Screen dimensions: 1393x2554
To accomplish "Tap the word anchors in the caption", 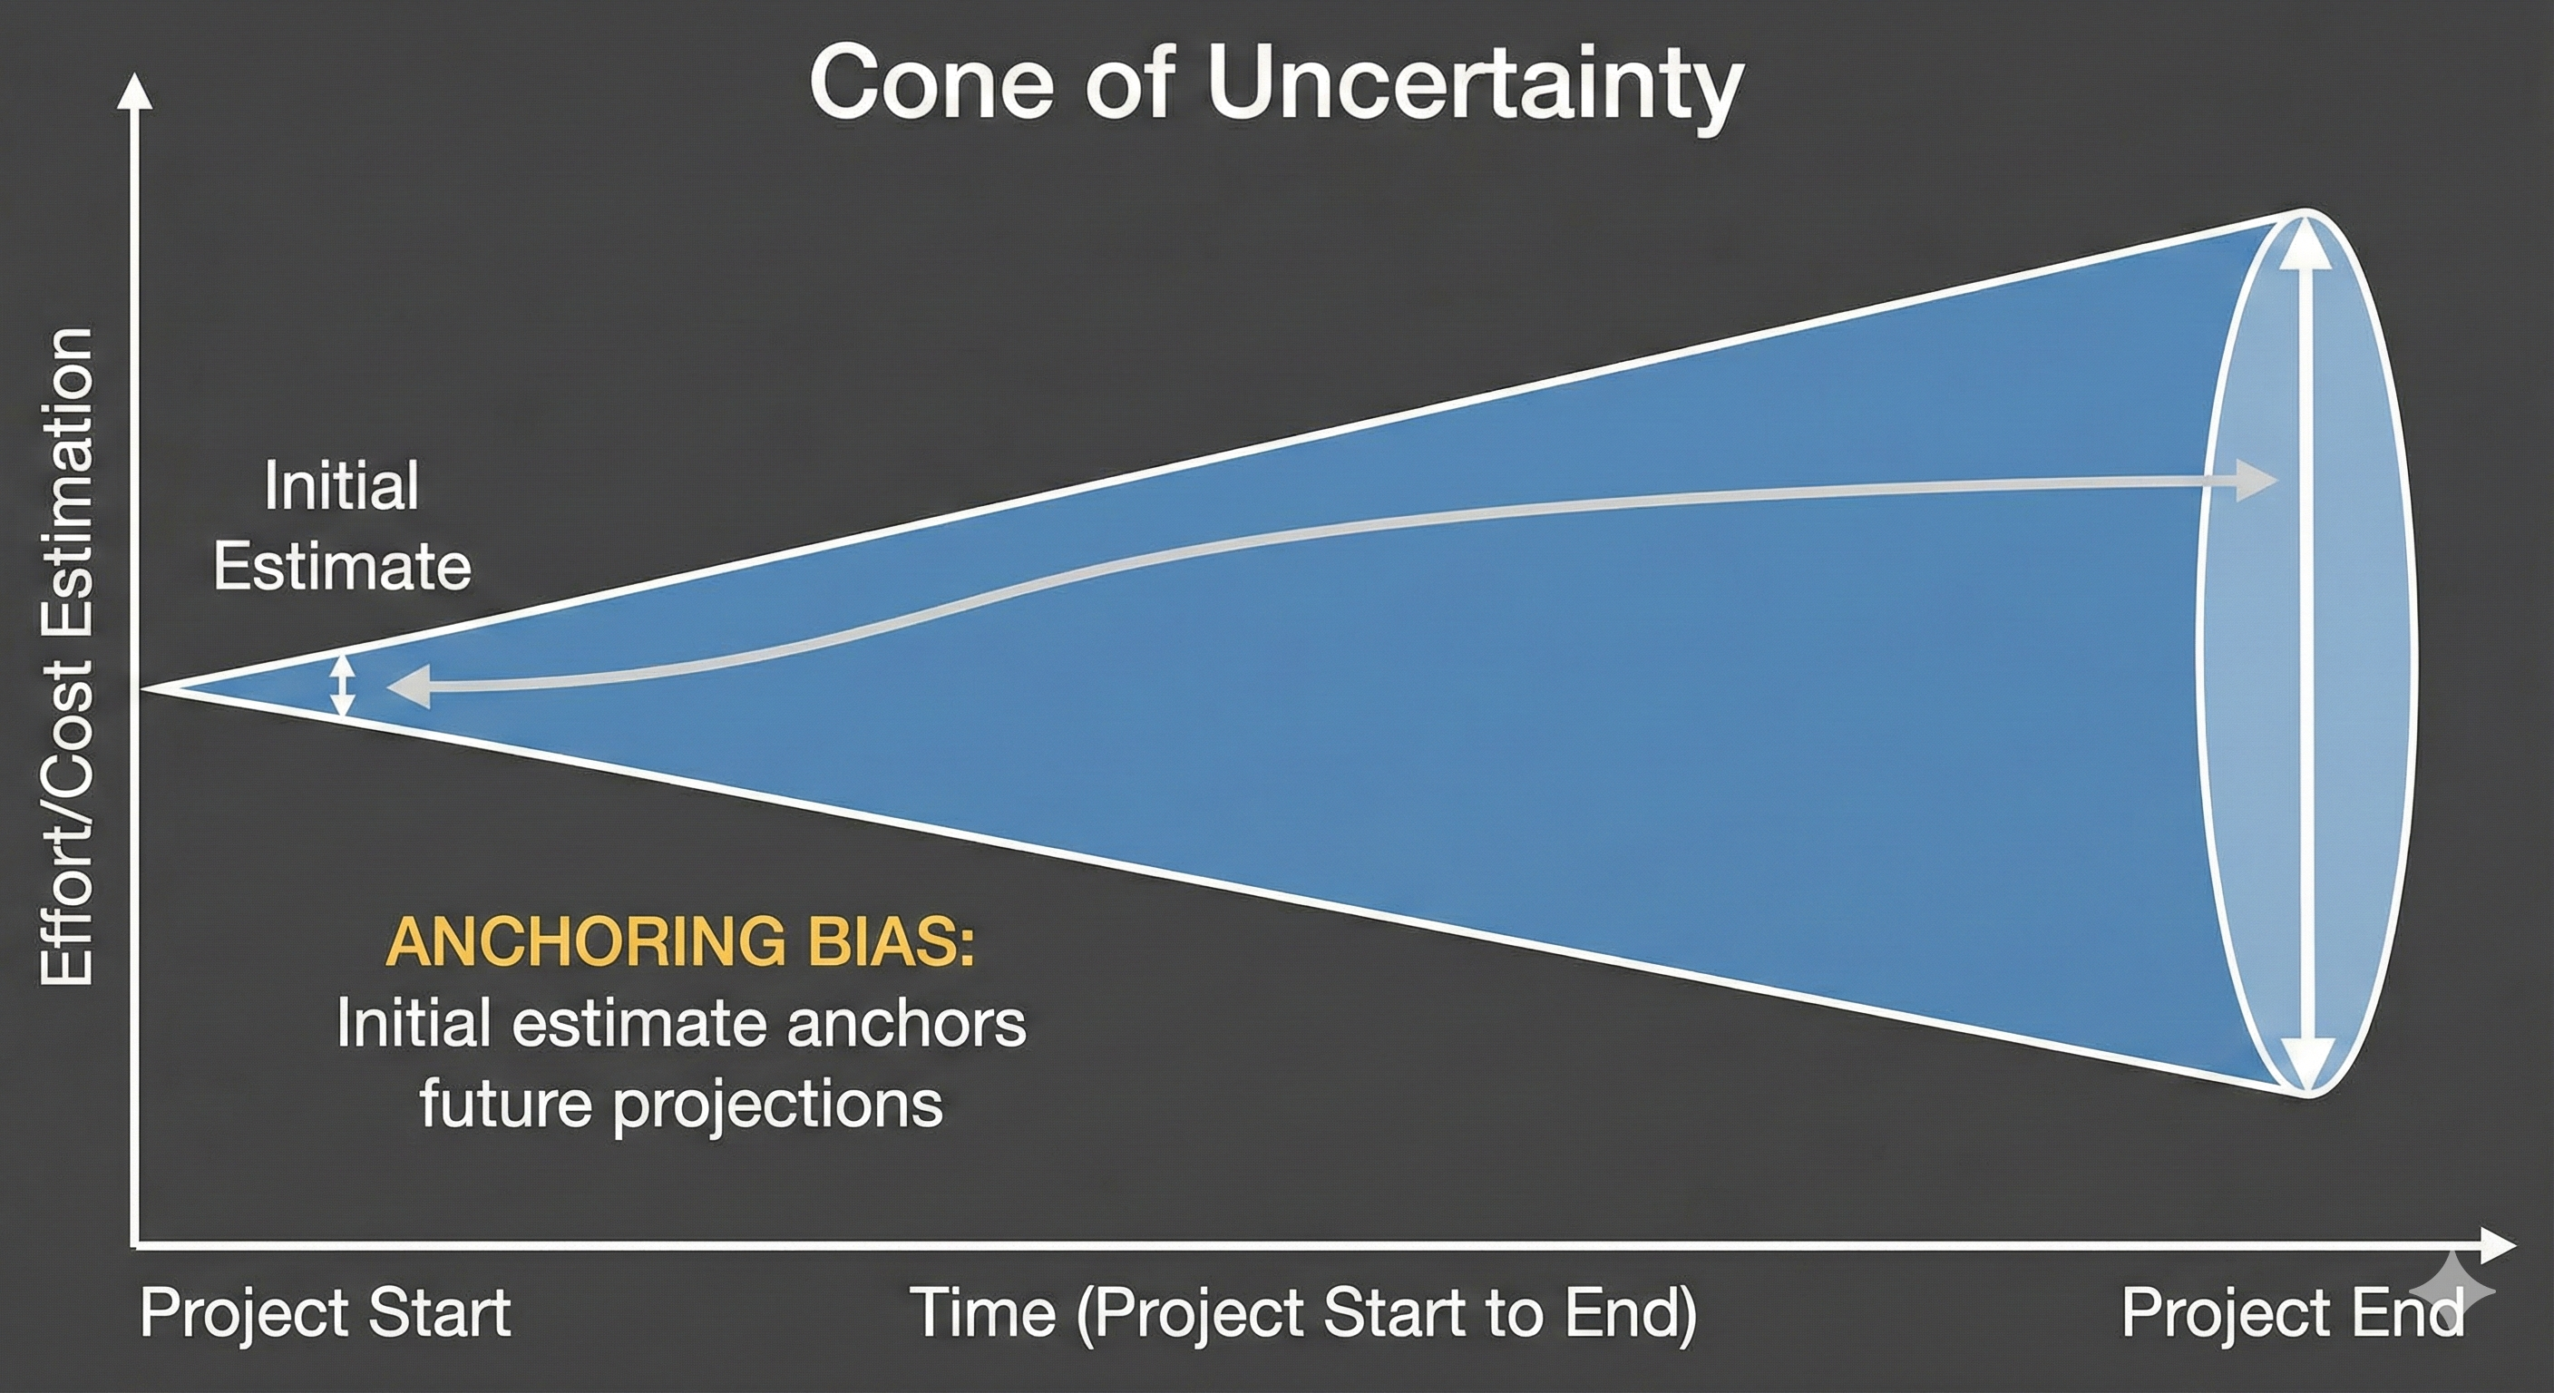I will [906, 1023].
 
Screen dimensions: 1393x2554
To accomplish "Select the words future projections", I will [680, 1103].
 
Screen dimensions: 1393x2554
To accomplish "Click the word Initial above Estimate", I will [342, 486].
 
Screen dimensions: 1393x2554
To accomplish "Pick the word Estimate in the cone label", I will [342, 567].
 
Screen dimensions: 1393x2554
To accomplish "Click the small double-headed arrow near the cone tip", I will [342, 685].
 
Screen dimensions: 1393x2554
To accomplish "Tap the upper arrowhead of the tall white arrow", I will [2305, 243].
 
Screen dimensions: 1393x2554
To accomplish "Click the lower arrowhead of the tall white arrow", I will [2305, 1071].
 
